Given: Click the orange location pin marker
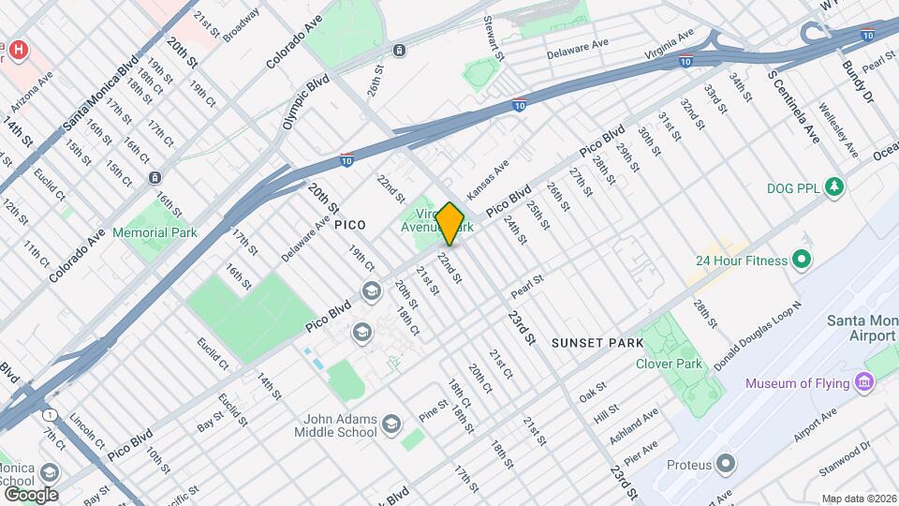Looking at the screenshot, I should (x=450, y=224).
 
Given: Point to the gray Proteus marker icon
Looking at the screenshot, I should (x=726, y=464).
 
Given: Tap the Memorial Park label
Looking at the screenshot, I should (x=154, y=232).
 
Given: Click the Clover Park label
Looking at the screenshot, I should (x=669, y=364).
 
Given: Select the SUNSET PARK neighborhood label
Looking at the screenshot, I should (x=597, y=343).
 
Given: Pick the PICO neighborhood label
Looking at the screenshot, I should (x=349, y=226).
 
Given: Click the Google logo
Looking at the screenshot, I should (x=31, y=494).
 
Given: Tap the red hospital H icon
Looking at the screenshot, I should (x=17, y=47).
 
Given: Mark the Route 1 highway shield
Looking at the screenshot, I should (x=48, y=414).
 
